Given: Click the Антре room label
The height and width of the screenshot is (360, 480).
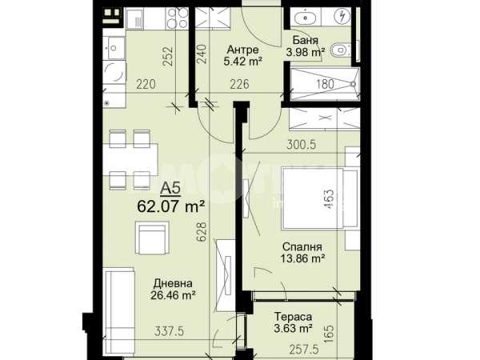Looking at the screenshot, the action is [x=243, y=50].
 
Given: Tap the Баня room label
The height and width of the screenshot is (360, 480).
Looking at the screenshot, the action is [x=306, y=40].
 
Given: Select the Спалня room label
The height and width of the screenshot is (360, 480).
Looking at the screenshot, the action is [x=302, y=246].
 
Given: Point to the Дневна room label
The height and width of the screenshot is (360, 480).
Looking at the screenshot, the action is [x=173, y=283].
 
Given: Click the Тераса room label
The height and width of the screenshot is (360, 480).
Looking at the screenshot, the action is [x=294, y=316].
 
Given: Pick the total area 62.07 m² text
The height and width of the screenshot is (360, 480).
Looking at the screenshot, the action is [x=171, y=206].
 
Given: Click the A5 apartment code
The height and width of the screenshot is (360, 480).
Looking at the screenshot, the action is [x=170, y=188].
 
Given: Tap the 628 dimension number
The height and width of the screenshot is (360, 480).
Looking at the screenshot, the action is [x=202, y=232].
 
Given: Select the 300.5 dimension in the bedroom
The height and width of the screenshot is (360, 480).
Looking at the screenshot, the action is [x=301, y=145].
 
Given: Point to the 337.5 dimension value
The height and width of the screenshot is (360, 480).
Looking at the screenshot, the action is [x=170, y=331].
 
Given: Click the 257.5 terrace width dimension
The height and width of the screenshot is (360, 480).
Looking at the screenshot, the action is [x=304, y=350].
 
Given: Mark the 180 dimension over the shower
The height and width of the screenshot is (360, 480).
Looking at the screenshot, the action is [x=325, y=84].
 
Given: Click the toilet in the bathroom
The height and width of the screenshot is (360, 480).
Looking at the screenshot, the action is [x=340, y=49].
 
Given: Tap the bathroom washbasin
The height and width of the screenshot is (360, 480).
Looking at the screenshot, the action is [x=306, y=18].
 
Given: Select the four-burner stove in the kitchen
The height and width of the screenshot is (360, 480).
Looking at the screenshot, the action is [x=178, y=18].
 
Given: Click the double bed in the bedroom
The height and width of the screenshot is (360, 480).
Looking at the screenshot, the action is [x=319, y=198].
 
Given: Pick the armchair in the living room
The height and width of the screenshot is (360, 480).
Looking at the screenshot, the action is [x=152, y=238].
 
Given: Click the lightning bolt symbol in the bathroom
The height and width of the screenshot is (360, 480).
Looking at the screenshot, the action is [x=342, y=16].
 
